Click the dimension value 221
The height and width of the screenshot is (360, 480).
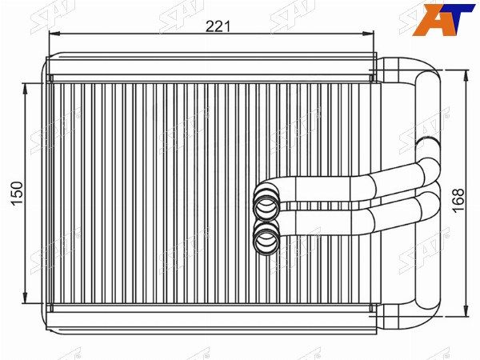click(x=218, y=26)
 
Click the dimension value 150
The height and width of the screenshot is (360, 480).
click(x=18, y=194)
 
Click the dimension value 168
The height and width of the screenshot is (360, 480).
click(x=458, y=200)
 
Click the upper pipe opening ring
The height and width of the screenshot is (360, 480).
click(x=266, y=205)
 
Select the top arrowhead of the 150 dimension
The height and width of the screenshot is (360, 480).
click(x=26, y=88)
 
